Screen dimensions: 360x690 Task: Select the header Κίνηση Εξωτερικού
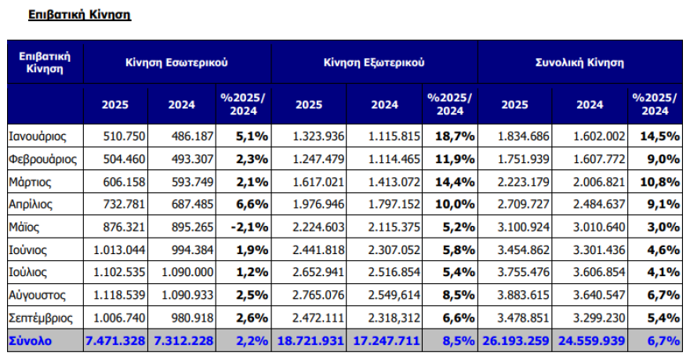[x=374, y=61]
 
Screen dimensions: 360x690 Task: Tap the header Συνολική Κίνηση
[x=580, y=61]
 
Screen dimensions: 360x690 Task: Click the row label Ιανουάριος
[x=38, y=136]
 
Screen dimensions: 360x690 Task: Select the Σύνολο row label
[x=31, y=342]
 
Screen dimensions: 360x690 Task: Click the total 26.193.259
[x=516, y=342]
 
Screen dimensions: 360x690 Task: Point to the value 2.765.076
[x=318, y=296]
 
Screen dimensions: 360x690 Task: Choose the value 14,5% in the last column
[x=659, y=136]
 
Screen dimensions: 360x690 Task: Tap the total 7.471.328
[x=115, y=342]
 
